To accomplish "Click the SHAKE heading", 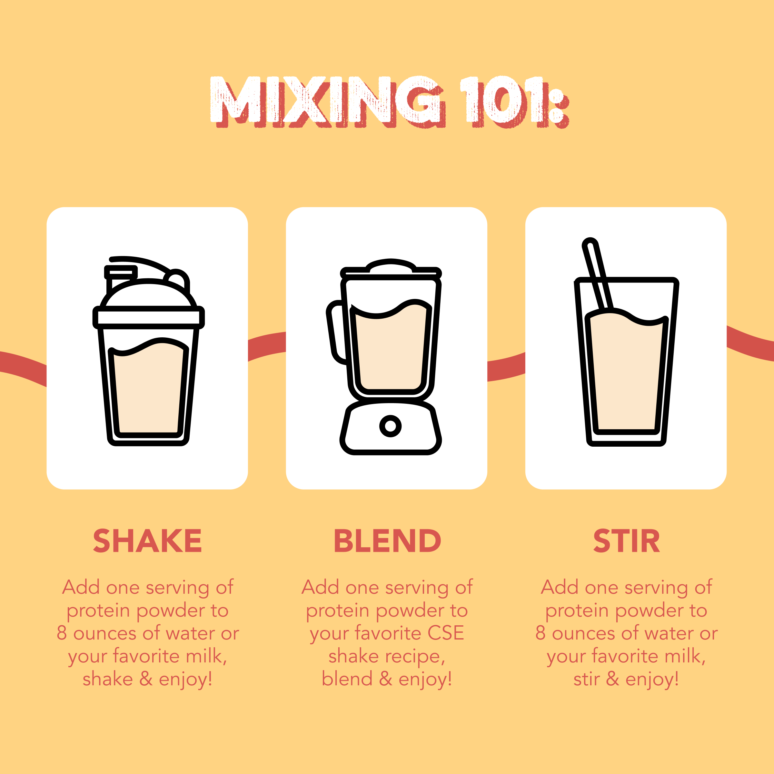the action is [147, 541].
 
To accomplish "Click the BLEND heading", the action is [387, 541].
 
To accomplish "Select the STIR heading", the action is [626, 541].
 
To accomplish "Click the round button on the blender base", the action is [390, 425].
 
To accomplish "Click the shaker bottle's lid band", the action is [149, 317].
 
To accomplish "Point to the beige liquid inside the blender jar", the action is [391, 347].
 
